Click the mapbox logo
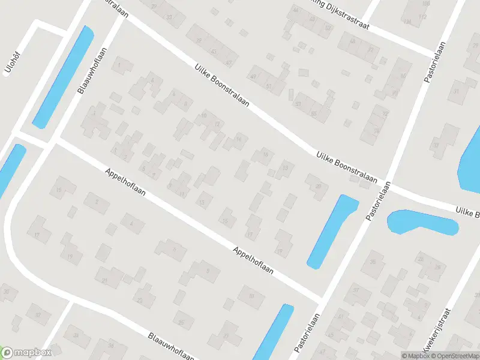(x=26, y=353)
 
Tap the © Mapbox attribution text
(x=415, y=355)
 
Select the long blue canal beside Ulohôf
(x=63, y=77)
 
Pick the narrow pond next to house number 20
(x=332, y=231)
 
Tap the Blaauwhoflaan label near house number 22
(x=173, y=341)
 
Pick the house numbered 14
(x=239, y=140)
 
